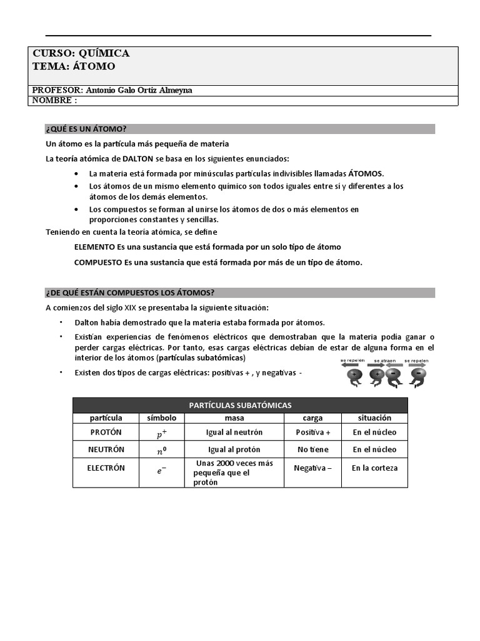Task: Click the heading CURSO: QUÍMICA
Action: tap(81, 54)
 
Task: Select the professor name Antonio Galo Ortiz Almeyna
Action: tap(139, 90)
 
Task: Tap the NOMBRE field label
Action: tap(54, 100)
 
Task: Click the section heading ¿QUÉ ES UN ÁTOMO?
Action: tap(86, 129)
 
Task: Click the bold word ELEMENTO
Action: tap(98, 247)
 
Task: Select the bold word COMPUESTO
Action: tap(98, 262)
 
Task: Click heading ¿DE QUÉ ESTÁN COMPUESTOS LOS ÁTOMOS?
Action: tap(130, 292)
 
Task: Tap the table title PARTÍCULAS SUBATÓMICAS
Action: tap(240, 405)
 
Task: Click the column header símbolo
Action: tap(161, 418)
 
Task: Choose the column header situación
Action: tap(374, 418)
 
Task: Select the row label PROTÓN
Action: tap(106, 432)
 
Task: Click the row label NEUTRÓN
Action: tap(106, 449)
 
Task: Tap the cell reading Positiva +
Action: tap(312, 432)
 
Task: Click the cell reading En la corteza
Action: tap(374, 468)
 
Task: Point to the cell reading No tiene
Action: tap(312, 449)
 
